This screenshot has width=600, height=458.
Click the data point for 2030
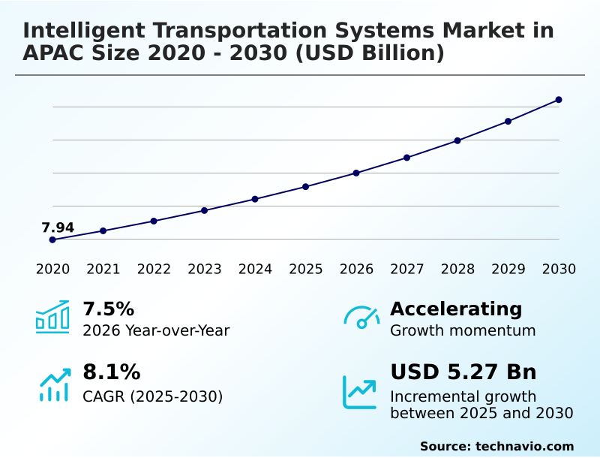[x=559, y=100]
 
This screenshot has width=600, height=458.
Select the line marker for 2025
[x=305, y=186]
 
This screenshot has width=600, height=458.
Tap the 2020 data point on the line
[x=52, y=240]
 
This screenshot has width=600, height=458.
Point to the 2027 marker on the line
[x=406, y=158]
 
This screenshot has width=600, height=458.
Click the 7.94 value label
[x=58, y=227]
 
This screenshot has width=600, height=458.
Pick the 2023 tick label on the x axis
[x=205, y=269]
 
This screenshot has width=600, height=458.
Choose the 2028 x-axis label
[x=457, y=269]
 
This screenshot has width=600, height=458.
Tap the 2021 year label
[x=103, y=269]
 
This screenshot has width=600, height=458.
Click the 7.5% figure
[x=108, y=309]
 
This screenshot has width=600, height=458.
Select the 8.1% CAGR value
[x=111, y=372]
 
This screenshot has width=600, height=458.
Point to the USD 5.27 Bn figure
[x=463, y=372]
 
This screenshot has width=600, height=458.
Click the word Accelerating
[x=456, y=309]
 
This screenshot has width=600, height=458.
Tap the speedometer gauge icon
[x=361, y=318]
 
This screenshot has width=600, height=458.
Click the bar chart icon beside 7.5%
[x=52, y=318]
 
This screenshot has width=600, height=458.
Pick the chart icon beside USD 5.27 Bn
[x=360, y=392]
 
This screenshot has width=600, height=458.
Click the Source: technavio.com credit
[x=496, y=446]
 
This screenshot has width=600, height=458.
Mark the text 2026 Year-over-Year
[x=156, y=330]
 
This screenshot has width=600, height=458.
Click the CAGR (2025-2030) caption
[x=152, y=396]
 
